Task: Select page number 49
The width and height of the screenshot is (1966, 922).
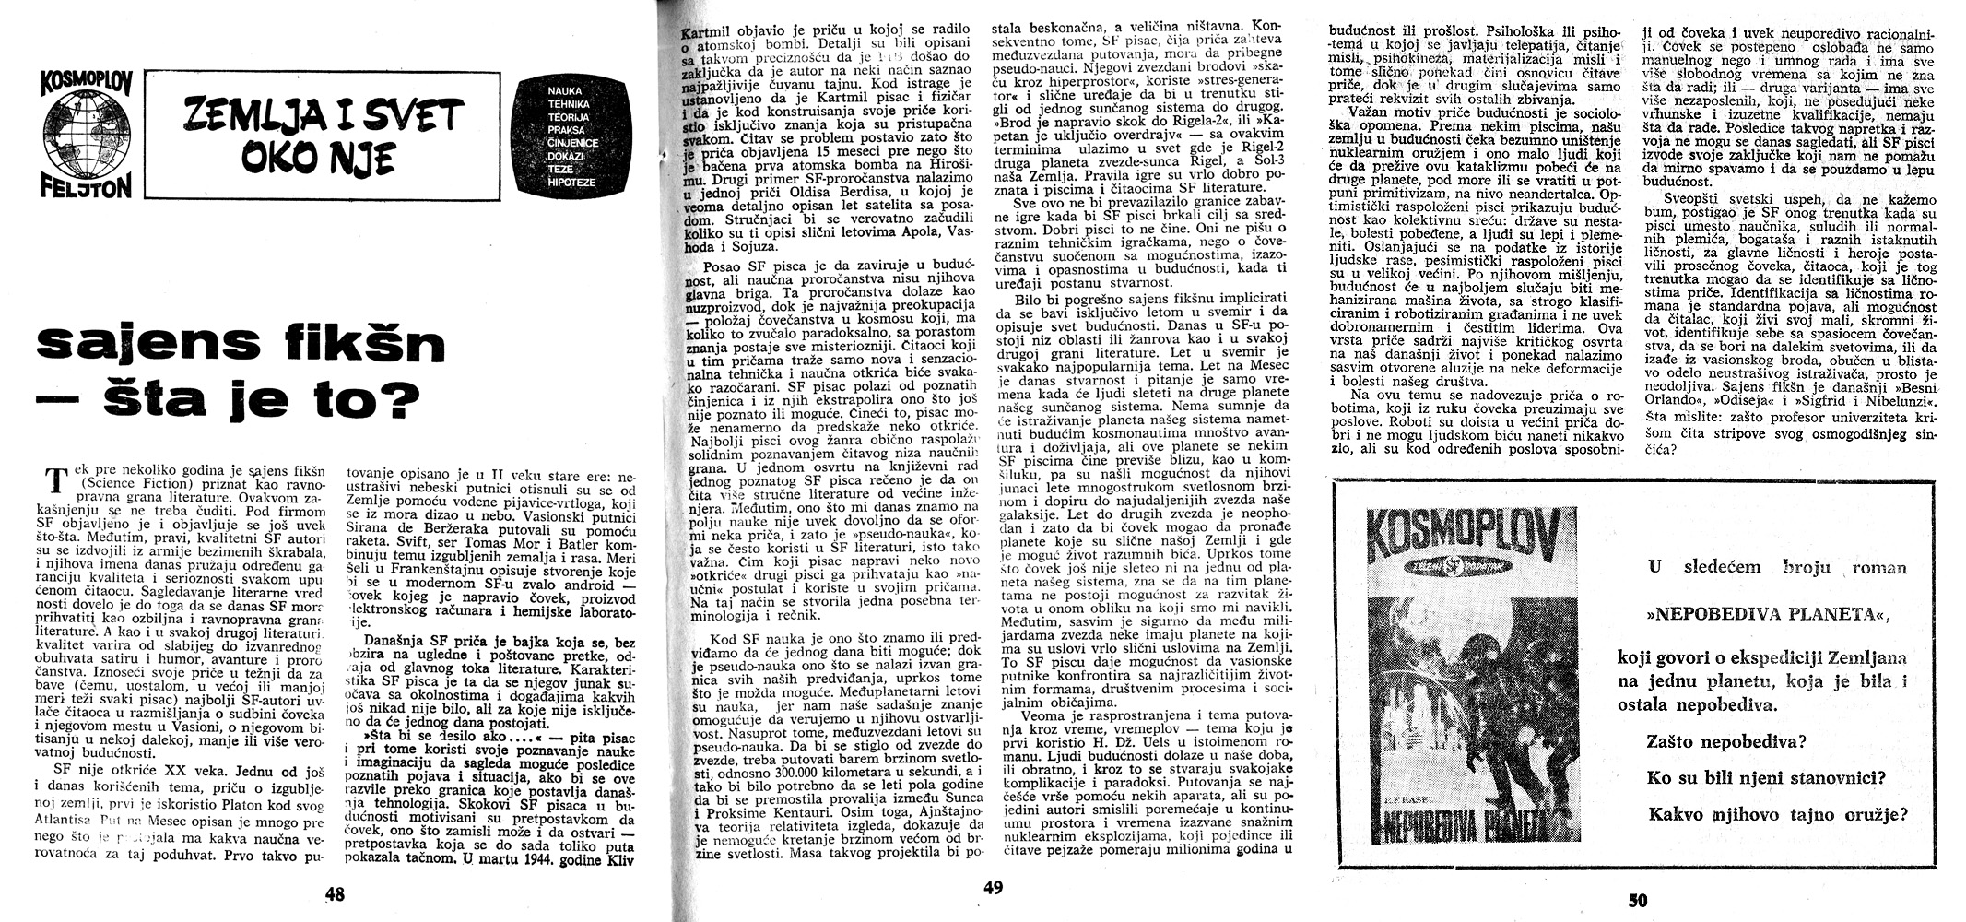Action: (992, 888)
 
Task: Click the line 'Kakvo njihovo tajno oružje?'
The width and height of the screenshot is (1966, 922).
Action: (1776, 814)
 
